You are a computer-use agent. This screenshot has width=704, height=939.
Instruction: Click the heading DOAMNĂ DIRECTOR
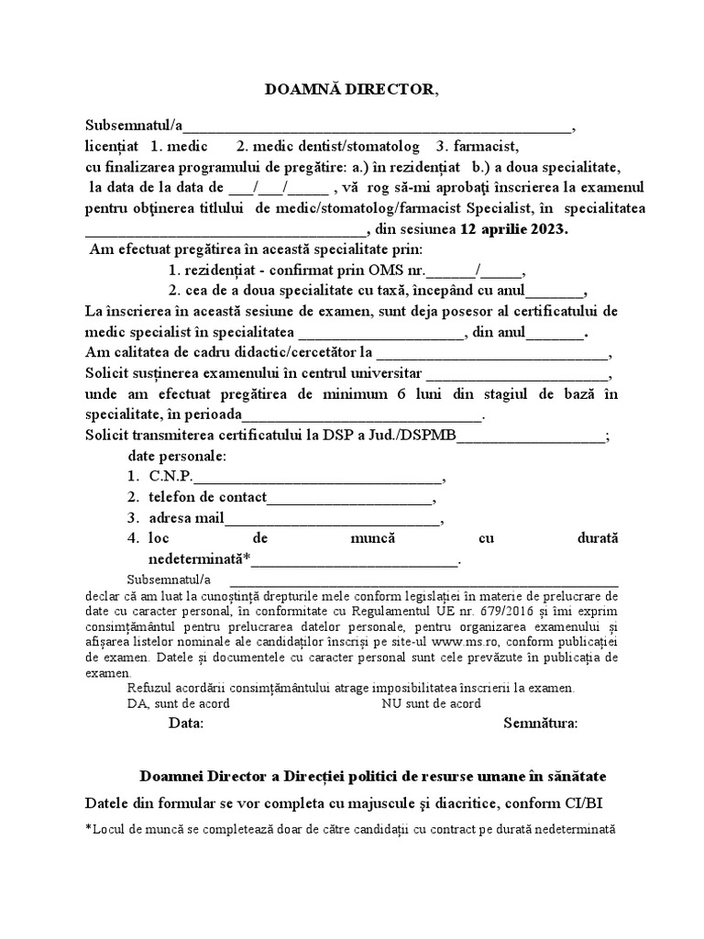pos(352,89)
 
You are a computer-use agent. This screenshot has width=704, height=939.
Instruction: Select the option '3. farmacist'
pos(478,147)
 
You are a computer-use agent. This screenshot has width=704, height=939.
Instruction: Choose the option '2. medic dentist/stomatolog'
pos(328,147)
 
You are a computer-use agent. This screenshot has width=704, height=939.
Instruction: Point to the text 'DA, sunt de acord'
pos(179,704)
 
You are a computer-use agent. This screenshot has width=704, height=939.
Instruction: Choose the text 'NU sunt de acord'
pos(431,704)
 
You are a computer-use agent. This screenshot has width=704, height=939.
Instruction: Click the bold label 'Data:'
pos(186,724)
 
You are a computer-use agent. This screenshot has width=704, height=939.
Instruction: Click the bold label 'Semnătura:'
pos(541,724)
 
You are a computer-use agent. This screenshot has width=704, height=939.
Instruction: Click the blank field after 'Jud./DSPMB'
pos(531,436)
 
